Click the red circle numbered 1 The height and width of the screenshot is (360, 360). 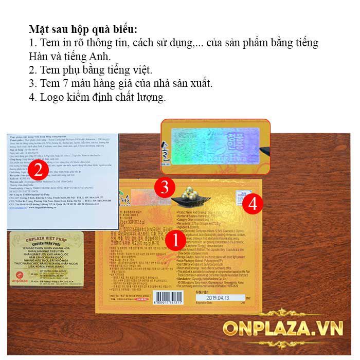tap(174, 240)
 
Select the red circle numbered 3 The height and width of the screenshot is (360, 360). tap(164, 188)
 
